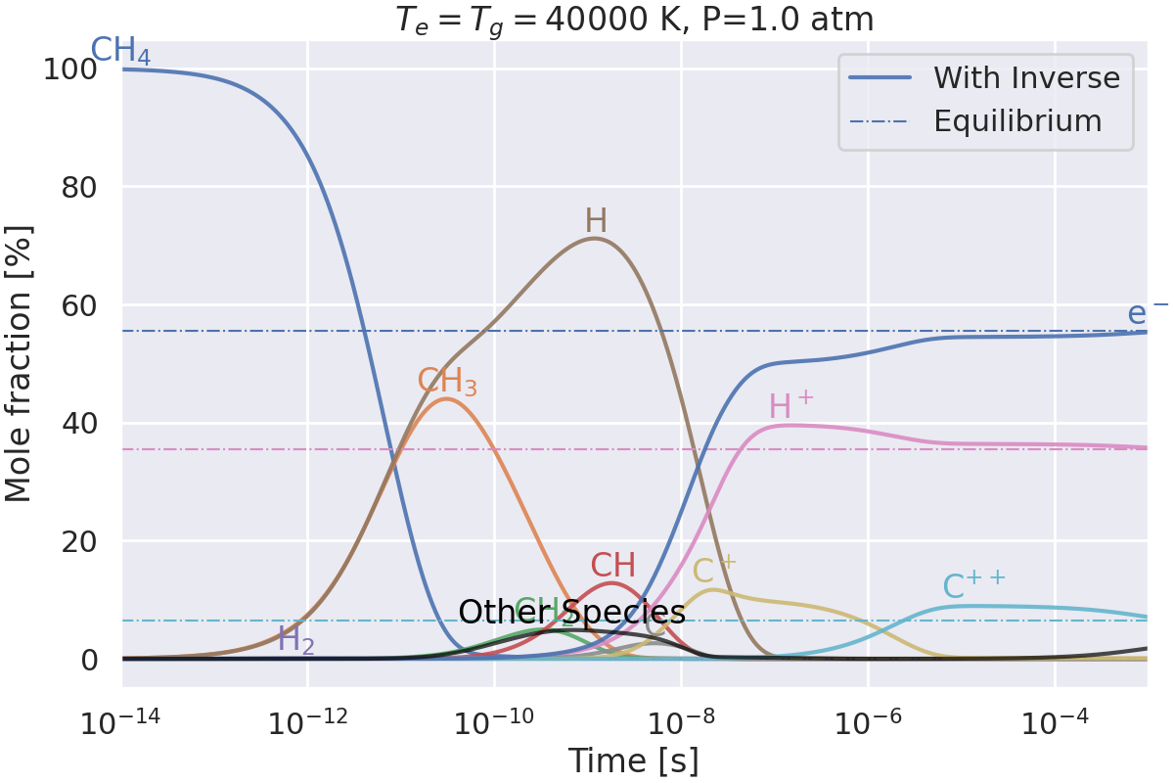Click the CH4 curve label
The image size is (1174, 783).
120,52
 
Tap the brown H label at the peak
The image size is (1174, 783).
596,221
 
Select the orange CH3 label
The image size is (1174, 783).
447,383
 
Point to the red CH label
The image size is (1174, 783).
613,566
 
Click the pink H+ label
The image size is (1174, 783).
791,407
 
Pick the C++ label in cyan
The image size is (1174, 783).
973,584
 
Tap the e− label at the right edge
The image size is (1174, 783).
1147,312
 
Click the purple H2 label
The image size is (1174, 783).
295,641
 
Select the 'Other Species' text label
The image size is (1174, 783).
571,613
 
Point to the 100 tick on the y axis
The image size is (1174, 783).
77,69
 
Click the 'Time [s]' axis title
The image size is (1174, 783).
634,760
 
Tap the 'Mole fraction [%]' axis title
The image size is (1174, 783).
20,364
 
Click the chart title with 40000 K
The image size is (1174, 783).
634,20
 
